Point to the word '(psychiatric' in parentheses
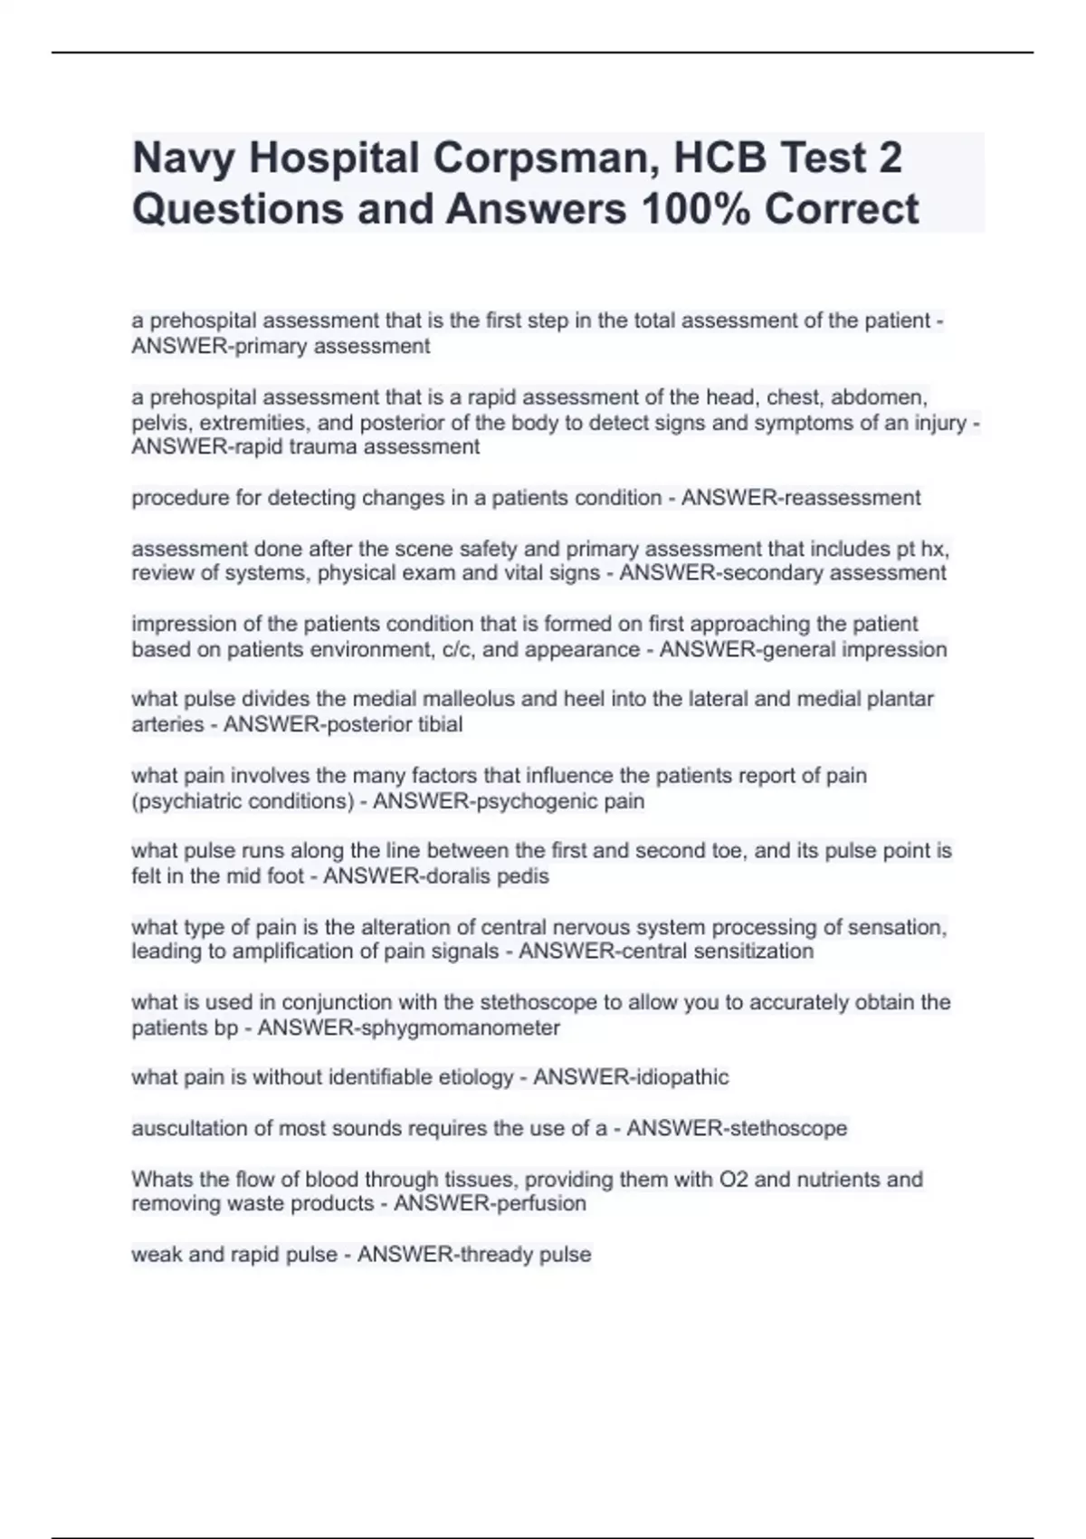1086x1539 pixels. click(186, 801)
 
